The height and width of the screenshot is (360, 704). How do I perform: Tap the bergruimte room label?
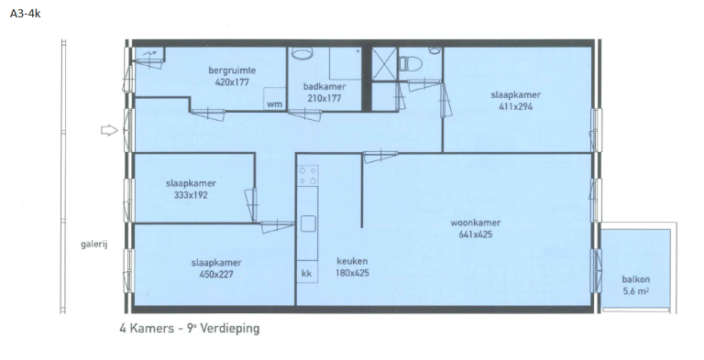(x=231, y=70)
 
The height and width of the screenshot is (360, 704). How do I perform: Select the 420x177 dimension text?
(x=231, y=82)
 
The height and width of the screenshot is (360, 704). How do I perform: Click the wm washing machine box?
(x=273, y=103)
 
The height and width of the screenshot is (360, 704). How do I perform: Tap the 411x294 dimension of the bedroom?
(x=517, y=105)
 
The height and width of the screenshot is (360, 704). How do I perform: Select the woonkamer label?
(x=475, y=222)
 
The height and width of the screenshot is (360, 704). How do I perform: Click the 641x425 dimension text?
(x=475, y=234)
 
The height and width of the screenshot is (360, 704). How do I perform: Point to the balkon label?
(x=636, y=279)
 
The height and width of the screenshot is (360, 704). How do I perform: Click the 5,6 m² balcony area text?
(x=636, y=291)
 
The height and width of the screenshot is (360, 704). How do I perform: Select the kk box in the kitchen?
(x=306, y=273)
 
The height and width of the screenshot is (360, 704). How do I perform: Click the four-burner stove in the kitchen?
(x=307, y=175)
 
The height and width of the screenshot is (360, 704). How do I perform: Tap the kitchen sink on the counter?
(x=307, y=224)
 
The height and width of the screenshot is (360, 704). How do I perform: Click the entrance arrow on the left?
(x=109, y=131)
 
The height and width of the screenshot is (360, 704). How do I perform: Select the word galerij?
(x=94, y=245)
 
